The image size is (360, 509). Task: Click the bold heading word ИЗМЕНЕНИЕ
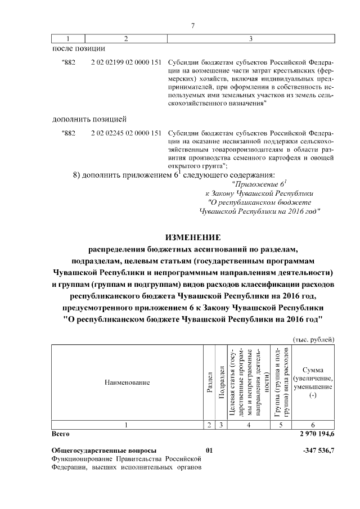coord(193,236)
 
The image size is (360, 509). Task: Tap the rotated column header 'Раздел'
coord(209,382)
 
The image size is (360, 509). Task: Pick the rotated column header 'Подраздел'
coord(222,382)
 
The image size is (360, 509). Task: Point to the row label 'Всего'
coord(60,435)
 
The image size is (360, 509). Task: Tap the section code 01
coord(209,451)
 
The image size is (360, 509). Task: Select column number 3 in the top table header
coord(250,38)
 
